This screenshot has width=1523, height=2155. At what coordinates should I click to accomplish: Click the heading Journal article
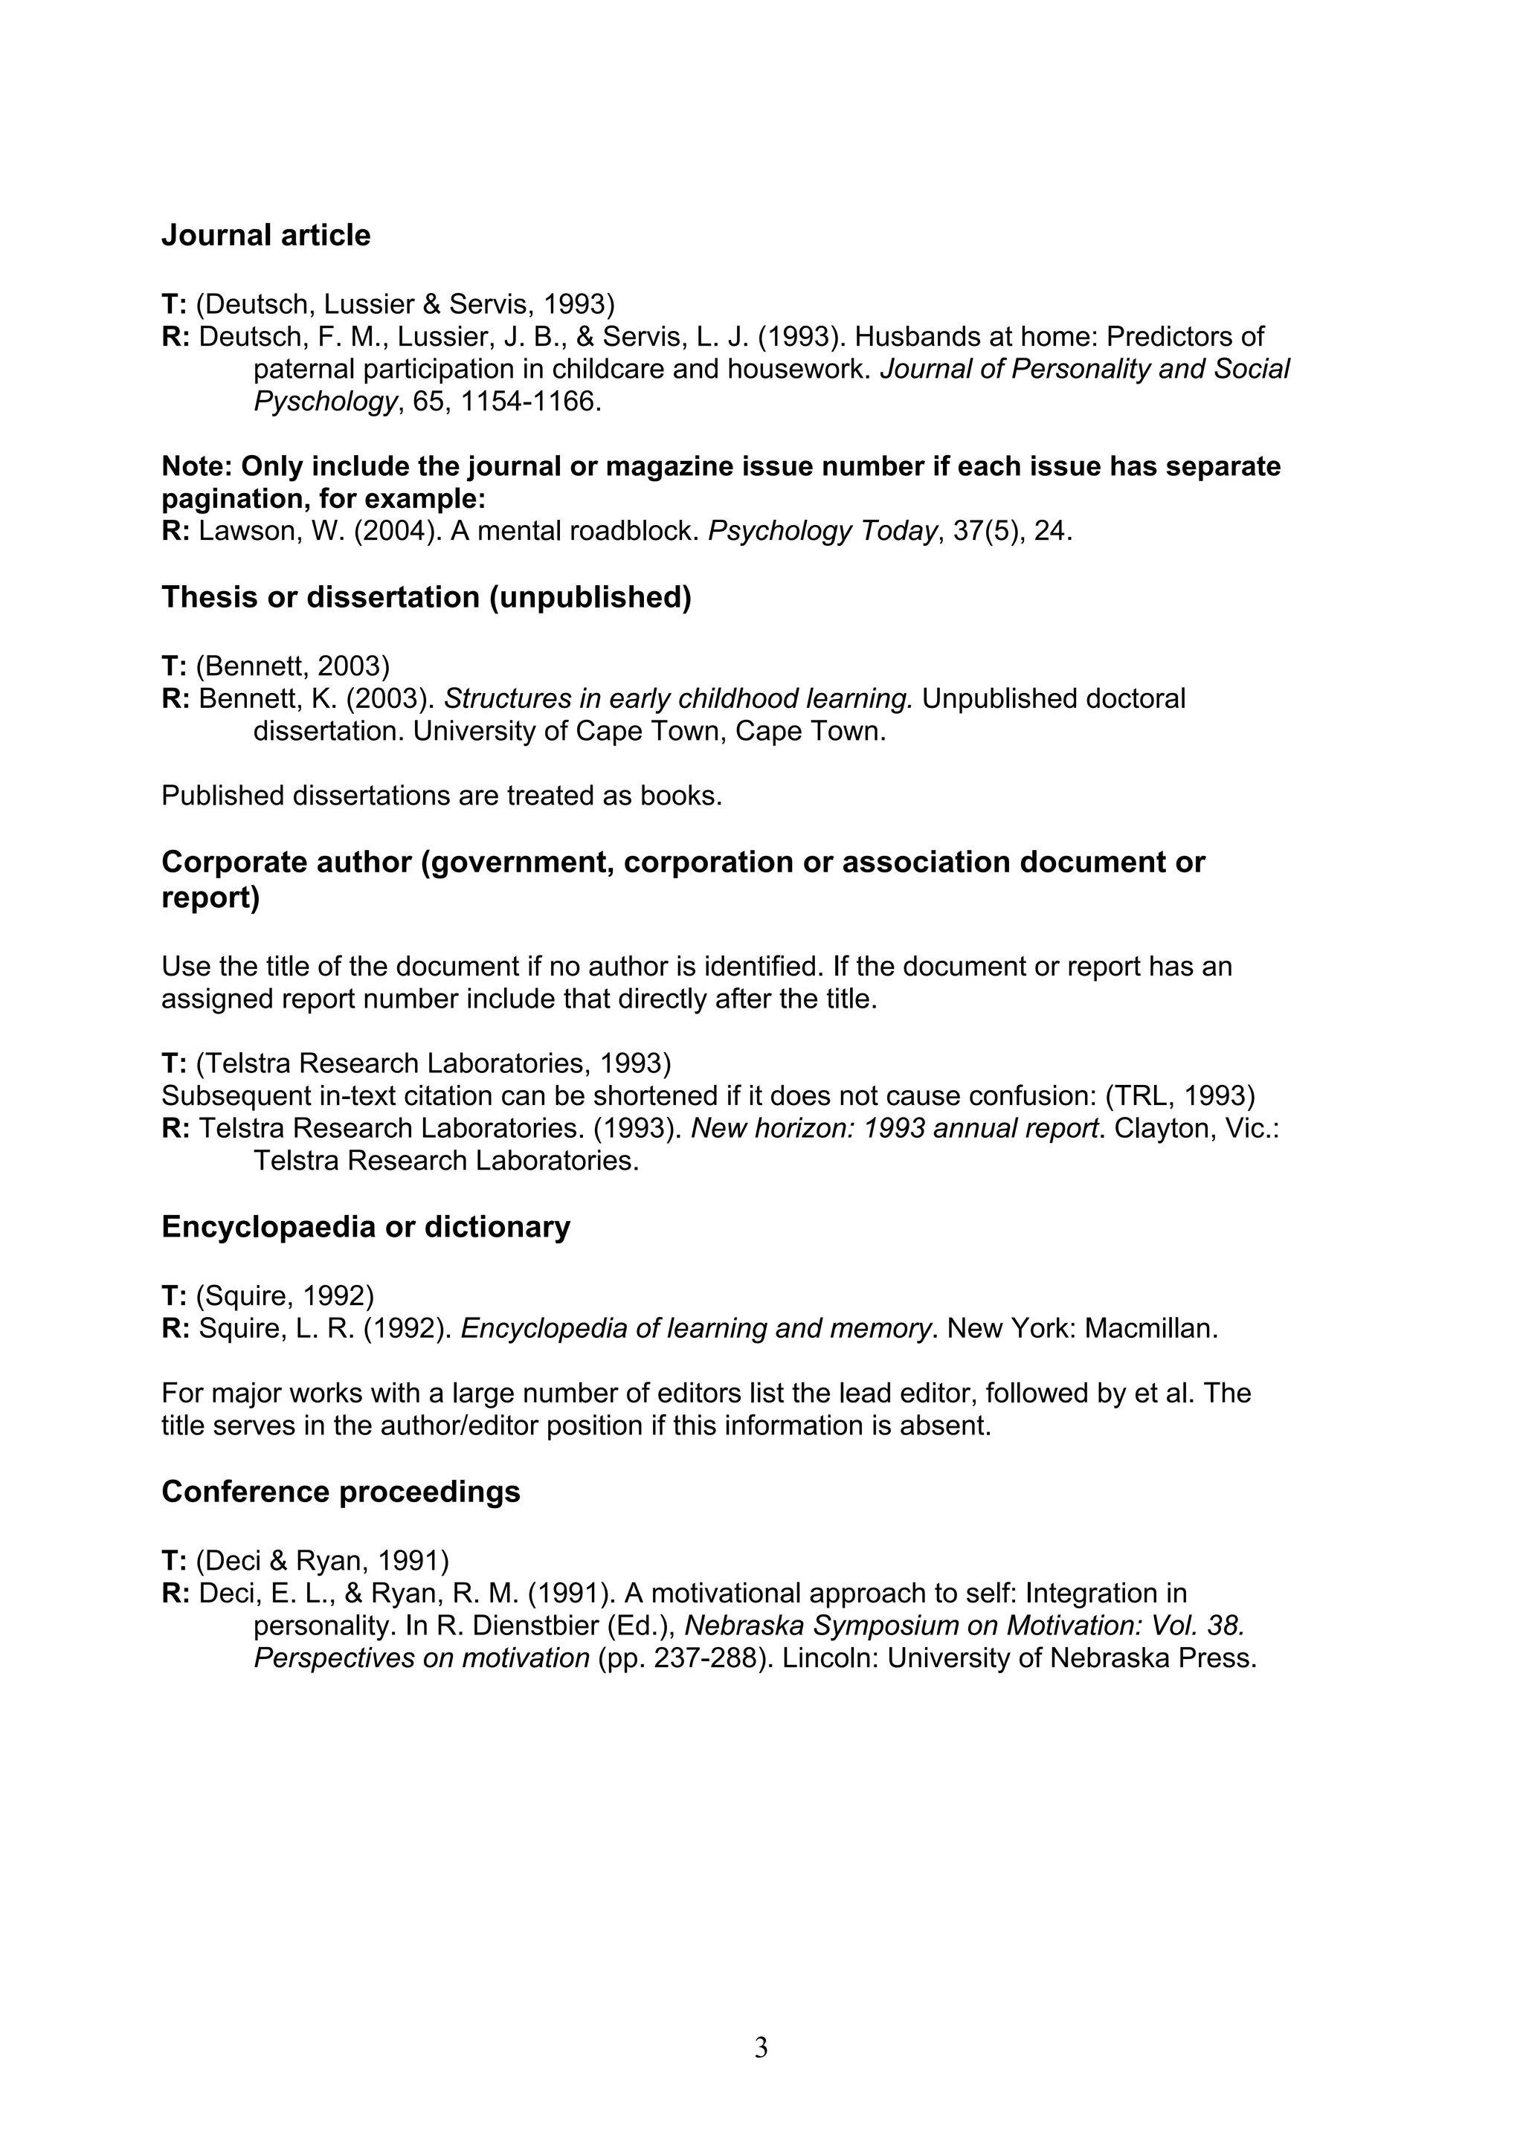pyautogui.click(x=265, y=235)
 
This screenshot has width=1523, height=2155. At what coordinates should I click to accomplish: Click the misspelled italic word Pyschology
pyautogui.click(x=326, y=402)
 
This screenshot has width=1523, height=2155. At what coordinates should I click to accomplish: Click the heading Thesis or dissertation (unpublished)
pyautogui.click(x=426, y=597)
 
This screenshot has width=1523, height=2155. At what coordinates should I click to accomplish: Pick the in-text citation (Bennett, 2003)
pyautogui.click(x=293, y=666)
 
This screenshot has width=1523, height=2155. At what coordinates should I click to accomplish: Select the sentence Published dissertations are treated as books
pyautogui.click(x=442, y=796)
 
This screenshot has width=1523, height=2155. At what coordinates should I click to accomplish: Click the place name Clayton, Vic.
pyautogui.click(x=1194, y=1128)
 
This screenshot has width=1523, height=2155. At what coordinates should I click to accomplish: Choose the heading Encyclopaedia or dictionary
pyautogui.click(x=366, y=1227)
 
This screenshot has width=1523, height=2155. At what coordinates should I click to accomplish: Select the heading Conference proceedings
pyautogui.click(x=341, y=1492)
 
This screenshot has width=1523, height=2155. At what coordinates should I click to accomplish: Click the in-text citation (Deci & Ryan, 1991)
pyautogui.click(x=323, y=1561)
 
